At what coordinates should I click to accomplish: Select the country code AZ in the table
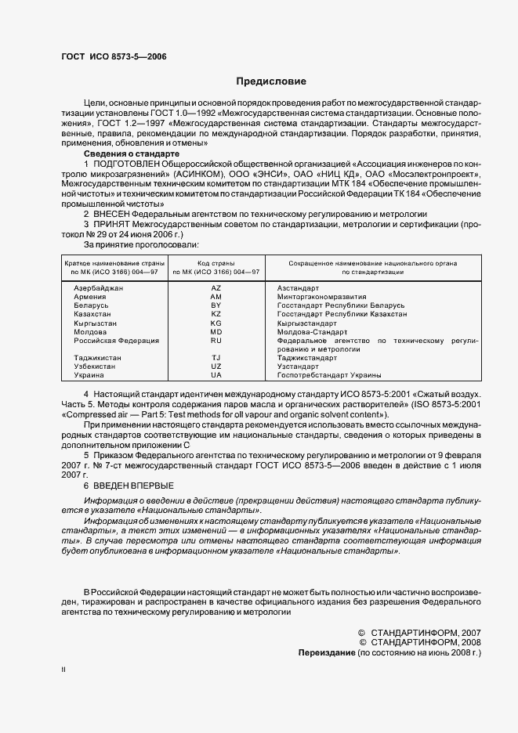point(216,288)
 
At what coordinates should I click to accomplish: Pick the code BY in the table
point(216,305)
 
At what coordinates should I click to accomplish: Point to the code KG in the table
point(216,323)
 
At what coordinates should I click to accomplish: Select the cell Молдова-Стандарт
point(310,331)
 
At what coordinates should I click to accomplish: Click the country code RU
point(216,341)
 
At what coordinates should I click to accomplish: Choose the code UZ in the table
point(216,366)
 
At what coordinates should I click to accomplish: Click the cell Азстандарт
point(299,288)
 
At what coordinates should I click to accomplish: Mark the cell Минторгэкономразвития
point(321,297)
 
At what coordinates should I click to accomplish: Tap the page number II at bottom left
point(64,670)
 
